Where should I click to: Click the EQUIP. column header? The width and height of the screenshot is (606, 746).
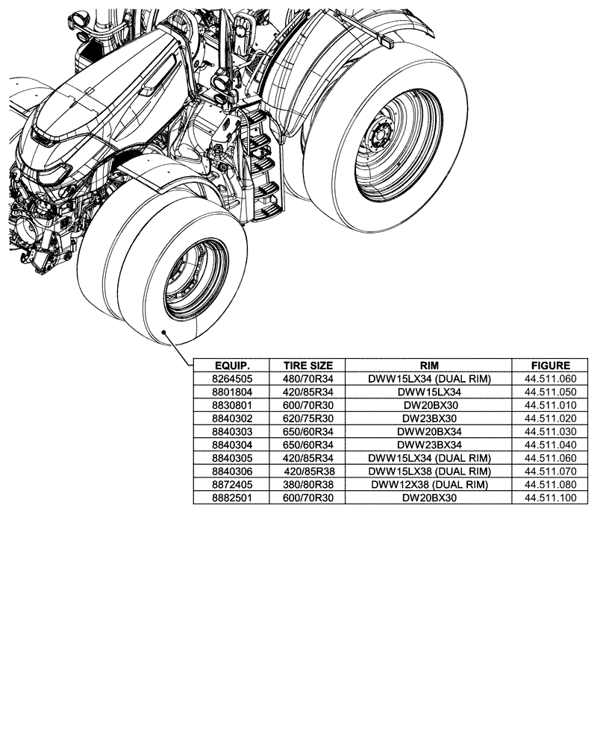[x=231, y=366]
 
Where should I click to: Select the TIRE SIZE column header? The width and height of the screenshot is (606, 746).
[x=307, y=366]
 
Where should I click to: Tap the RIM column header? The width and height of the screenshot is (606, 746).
[x=428, y=366]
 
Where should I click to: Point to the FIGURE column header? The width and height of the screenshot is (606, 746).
[x=550, y=366]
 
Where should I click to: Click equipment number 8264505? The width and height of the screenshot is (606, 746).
[x=231, y=379]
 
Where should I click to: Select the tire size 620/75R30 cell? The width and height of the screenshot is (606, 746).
[x=307, y=419]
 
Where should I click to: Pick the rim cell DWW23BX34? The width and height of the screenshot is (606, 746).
[x=428, y=445]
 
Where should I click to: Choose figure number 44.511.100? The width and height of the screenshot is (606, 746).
[x=550, y=498]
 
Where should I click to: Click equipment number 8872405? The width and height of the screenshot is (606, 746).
[x=231, y=484]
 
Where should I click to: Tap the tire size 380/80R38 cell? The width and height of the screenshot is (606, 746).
[x=307, y=484]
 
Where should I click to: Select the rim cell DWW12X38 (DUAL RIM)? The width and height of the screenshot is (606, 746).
[x=428, y=484]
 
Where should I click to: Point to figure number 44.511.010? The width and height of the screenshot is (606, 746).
[x=550, y=405]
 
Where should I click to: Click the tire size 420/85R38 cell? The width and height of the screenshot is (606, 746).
[x=307, y=471]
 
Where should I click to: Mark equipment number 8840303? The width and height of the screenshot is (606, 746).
[x=231, y=431]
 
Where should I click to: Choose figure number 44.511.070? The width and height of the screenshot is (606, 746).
[x=550, y=471]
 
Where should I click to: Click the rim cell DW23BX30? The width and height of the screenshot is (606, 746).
[x=428, y=419]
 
